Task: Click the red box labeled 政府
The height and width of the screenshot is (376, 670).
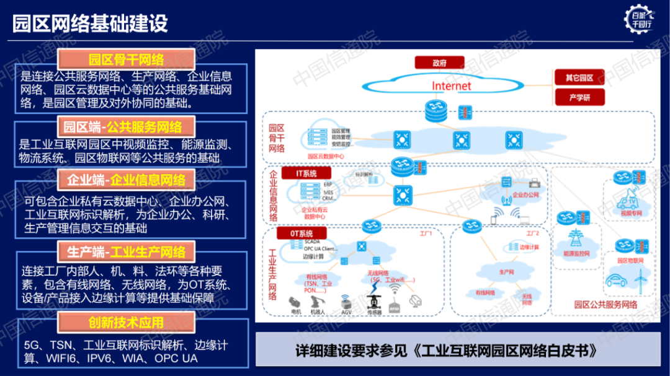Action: [439, 63]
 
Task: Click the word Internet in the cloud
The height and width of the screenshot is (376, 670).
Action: [451, 86]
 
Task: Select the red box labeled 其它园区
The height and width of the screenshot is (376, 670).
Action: [578, 78]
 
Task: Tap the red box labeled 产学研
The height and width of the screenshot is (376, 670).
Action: [578, 97]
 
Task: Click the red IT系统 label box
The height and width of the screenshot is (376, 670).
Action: [306, 173]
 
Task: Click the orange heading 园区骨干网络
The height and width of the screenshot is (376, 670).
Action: [126, 59]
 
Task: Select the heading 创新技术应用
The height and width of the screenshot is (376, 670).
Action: [126, 323]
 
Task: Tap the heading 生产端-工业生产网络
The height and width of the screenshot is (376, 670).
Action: [126, 252]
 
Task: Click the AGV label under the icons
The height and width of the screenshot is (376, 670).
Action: [346, 312]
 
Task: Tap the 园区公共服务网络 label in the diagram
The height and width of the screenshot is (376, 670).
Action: [605, 304]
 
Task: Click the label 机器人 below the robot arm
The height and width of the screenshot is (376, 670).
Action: [318, 312]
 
